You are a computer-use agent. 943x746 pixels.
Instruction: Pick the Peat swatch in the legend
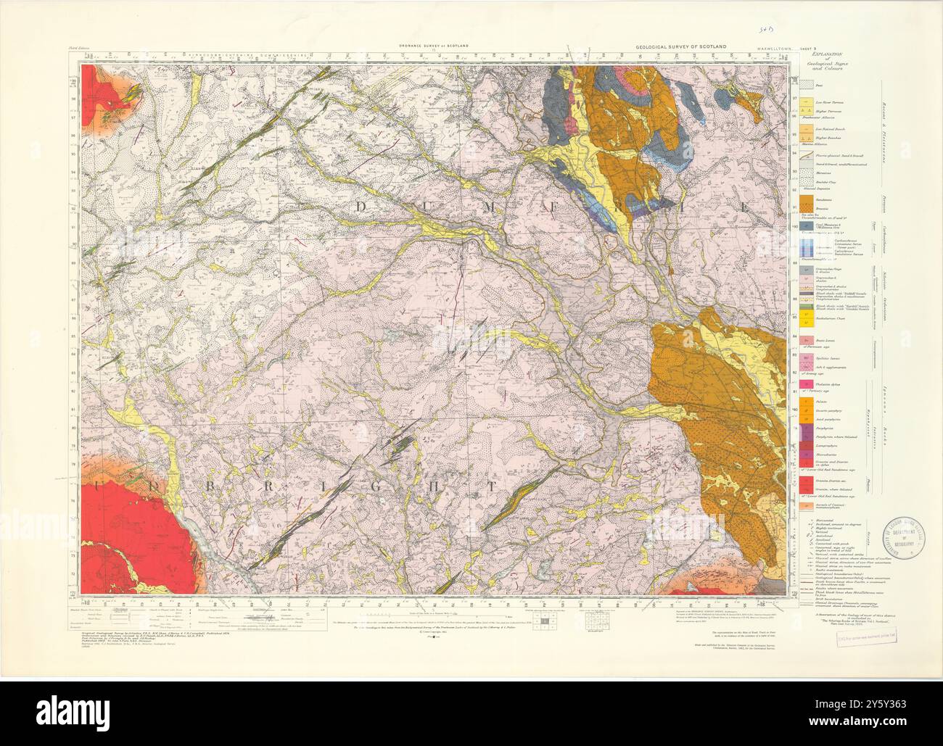click(804, 86)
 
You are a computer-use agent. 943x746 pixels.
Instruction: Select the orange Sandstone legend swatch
click(804, 199)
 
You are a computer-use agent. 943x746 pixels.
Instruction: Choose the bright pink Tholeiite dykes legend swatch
click(804, 382)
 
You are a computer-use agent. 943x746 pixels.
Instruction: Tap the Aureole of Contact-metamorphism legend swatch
click(804, 501)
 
